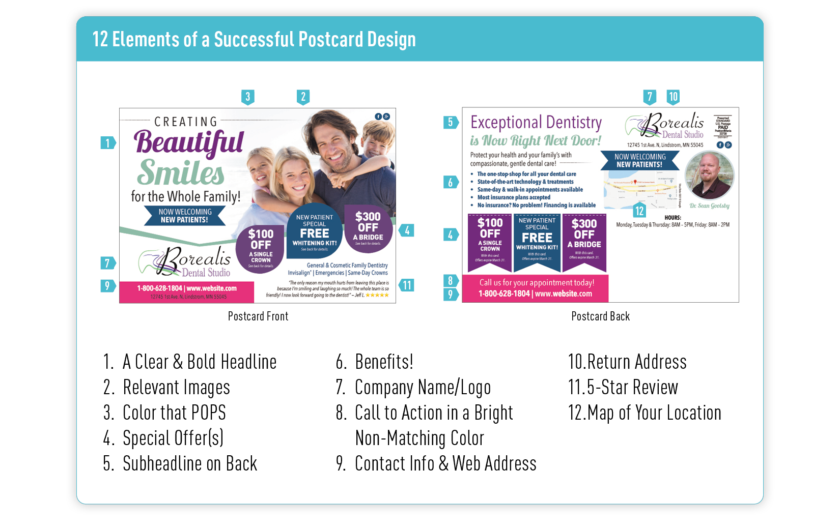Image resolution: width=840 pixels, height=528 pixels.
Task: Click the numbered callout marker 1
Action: pos(107,143)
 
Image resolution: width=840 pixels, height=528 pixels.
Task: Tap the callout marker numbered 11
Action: pos(407,285)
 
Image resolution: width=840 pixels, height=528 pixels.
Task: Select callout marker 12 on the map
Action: pos(639,211)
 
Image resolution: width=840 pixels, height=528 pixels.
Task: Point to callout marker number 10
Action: pos(673,97)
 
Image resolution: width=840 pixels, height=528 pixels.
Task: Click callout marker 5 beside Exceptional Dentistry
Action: pos(450,122)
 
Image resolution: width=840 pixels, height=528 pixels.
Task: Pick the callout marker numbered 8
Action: pos(450,280)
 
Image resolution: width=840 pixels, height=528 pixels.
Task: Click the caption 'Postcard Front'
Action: pos(258,316)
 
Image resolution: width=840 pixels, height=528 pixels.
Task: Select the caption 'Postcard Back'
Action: pos(600,316)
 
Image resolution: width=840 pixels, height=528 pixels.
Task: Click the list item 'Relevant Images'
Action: pos(176,388)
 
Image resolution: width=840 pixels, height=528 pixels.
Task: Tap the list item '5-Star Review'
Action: pos(632,388)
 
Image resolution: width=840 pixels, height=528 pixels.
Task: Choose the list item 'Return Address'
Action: pos(636,362)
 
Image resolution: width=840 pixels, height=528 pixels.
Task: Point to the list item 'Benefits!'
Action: pos(384,362)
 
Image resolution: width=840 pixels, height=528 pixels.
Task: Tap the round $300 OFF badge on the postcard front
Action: pos(368,228)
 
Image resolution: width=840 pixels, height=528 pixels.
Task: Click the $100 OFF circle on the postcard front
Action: pos(261,248)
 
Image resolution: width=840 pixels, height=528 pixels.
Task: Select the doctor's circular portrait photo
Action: pos(709,175)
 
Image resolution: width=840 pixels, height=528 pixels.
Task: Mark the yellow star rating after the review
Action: pos(377,295)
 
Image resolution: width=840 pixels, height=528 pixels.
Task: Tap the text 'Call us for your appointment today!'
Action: pos(537,283)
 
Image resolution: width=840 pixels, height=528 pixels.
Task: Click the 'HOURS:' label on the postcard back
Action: pos(673,218)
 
